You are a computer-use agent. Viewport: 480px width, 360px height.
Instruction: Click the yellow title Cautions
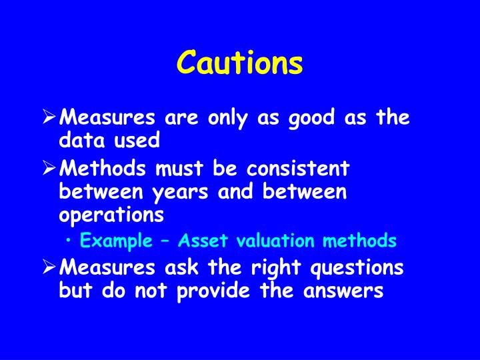pyautogui.click(x=240, y=63)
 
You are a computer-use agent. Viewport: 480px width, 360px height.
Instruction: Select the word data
pyautogui.click(x=81, y=141)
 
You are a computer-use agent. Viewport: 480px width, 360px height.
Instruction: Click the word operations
pyautogui.click(x=111, y=215)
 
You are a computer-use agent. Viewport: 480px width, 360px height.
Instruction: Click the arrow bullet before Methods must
pyautogui.click(x=49, y=169)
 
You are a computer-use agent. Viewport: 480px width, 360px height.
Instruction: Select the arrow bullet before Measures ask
pyautogui.click(x=49, y=268)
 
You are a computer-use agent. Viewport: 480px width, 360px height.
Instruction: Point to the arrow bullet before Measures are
pyautogui.click(x=49, y=119)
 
